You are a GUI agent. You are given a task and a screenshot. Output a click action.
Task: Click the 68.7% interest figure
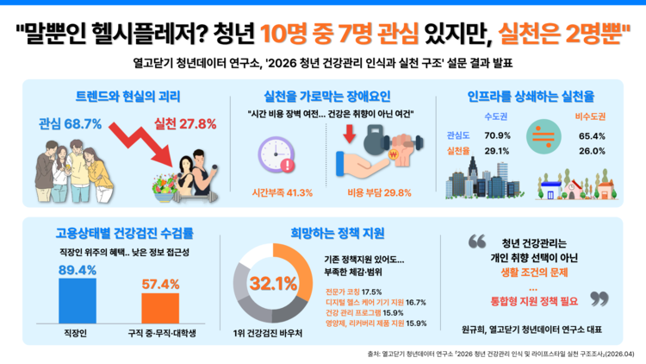click(x=71, y=123)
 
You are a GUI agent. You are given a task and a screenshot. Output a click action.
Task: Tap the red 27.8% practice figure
click(x=184, y=123)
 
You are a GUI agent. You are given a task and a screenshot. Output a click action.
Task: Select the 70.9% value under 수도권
click(x=498, y=135)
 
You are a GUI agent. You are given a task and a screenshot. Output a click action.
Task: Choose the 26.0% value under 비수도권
click(x=591, y=151)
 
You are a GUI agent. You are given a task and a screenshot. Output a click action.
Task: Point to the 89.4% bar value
click(x=77, y=270)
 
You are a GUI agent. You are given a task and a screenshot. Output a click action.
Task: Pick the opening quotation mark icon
click(x=476, y=243)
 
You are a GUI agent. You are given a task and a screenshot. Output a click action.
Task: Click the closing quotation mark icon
click(x=599, y=300)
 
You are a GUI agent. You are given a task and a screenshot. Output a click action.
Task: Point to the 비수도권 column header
click(x=591, y=115)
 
